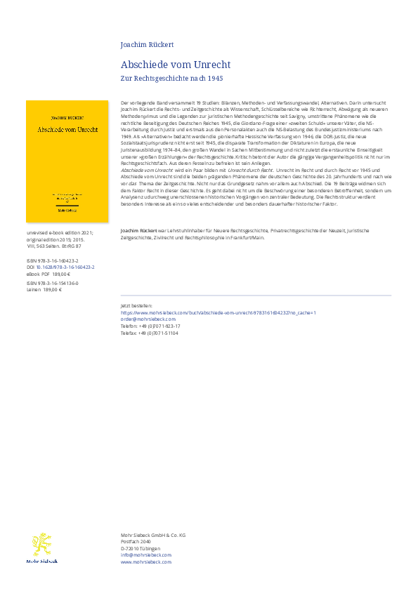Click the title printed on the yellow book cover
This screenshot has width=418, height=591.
(67, 129)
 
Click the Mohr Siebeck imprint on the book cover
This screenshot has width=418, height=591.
(67, 209)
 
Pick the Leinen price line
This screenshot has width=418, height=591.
(44, 288)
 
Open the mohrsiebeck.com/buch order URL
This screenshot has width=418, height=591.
(218, 312)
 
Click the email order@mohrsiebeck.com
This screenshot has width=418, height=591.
(148, 319)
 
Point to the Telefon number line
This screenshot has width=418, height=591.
(150, 326)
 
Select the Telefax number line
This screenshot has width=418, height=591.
(150, 333)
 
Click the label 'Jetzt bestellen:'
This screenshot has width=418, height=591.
(136, 306)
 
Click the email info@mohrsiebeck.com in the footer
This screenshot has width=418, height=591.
(145, 555)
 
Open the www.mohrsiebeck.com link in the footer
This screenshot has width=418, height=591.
(146, 562)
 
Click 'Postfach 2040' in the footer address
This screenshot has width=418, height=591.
(136, 541)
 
